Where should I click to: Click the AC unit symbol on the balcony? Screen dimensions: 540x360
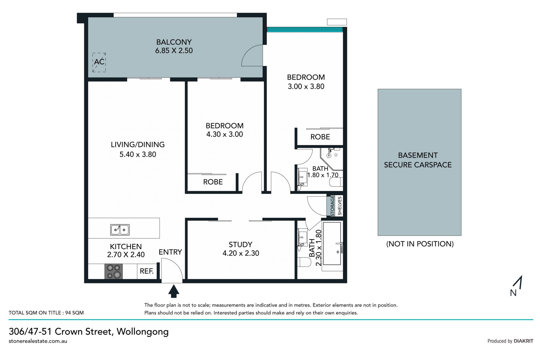(x=99, y=62)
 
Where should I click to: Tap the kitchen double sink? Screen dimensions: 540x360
(x=120, y=230)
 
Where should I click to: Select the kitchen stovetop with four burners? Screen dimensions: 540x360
(x=114, y=271)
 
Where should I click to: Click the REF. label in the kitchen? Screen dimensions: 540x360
(x=147, y=271)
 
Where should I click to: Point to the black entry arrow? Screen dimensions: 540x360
(x=174, y=291)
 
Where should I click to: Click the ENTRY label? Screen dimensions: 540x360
(x=170, y=252)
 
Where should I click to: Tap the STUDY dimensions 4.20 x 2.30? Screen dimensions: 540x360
(x=241, y=253)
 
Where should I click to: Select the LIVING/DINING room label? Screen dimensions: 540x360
(x=138, y=145)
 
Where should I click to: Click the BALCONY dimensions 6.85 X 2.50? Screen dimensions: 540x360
(x=174, y=51)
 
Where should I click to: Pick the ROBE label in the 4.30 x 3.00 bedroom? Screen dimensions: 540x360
(x=213, y=182)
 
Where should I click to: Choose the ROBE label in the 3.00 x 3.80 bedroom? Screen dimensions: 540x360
(x=320, y=137)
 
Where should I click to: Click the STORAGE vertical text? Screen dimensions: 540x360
(x=332, y=206)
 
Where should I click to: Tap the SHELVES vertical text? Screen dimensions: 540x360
(x=339, y=206)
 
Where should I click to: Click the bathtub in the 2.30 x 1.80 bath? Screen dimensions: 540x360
(x=332, y=243)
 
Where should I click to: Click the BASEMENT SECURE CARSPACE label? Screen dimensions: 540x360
(x=418, y=160)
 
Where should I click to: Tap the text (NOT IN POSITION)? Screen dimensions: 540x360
(x=420, y=244)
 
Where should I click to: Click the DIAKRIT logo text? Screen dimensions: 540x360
(x=523, y=341)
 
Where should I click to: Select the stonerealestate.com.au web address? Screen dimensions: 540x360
(x=38, y=341)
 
